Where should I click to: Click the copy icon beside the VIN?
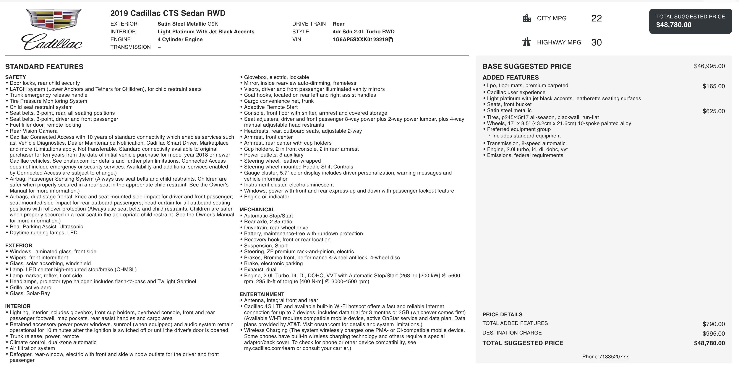coord(391,40)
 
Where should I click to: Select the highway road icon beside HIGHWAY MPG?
coord(527,42)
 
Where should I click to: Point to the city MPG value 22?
coord(596,18)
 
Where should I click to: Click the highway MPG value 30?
coord(596,42)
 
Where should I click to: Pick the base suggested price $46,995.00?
coord(709,66)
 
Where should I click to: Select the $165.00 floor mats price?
coord(713,86)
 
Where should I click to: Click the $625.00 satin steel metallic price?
coord(713,111)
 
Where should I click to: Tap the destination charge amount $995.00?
coord(713,334)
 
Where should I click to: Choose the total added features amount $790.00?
coord(713,324)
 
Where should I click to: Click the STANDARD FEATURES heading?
coord(44,67)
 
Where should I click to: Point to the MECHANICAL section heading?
coord(257,210)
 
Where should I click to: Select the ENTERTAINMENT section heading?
coord(262,294)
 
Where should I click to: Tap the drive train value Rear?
coord(339,24)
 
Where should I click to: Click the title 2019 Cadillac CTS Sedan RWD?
coord(168,13)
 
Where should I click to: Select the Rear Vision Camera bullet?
coord(33,131)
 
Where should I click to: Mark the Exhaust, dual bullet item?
coord(260,269)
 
